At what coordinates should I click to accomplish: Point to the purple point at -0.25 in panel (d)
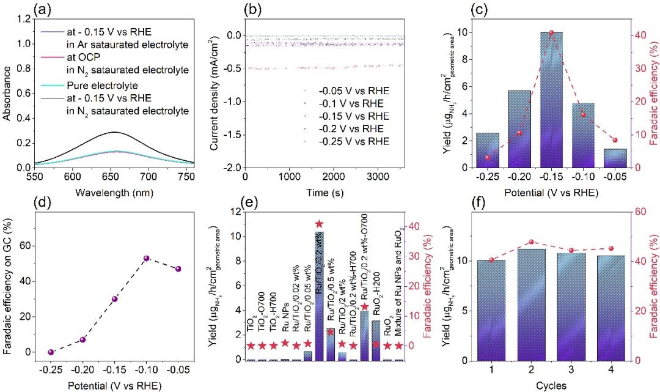coord(51,352)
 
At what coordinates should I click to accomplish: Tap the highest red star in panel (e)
coord(319,224)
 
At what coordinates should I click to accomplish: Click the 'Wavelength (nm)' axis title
coord(116,192)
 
